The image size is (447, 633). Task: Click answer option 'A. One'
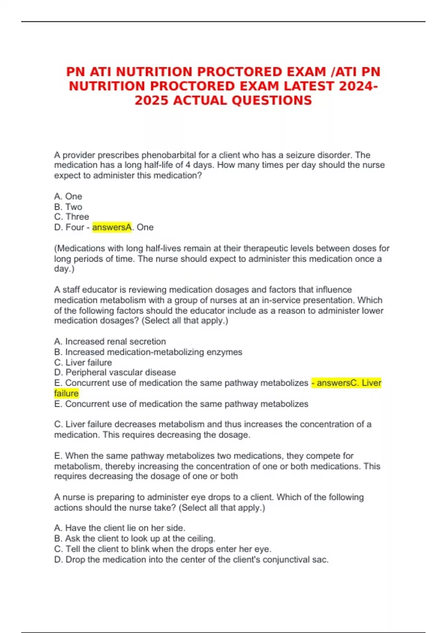68,196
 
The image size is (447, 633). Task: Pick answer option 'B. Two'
68,207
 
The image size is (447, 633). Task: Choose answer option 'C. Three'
72,217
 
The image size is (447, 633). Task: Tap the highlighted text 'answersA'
112,227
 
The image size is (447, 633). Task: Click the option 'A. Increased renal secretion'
110,341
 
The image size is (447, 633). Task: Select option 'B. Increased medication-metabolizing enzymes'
148,352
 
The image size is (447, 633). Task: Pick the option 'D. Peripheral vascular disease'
115,372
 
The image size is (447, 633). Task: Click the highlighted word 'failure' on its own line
66,393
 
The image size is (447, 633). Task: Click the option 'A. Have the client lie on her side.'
120,528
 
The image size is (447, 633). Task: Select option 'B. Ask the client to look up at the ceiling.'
134,538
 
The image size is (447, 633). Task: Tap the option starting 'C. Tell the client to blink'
162,549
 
